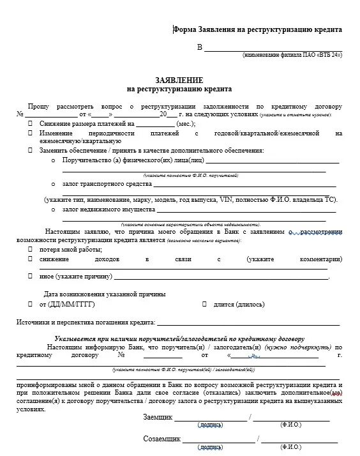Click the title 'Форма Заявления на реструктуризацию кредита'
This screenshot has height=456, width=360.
259,29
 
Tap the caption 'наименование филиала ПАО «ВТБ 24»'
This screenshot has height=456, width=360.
292,56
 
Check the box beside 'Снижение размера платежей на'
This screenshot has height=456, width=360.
30,123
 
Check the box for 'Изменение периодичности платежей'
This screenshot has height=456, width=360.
30,133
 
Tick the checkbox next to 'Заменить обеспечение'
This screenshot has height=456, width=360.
30,150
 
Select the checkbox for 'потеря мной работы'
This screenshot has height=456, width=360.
30,250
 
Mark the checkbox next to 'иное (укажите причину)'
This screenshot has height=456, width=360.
30,277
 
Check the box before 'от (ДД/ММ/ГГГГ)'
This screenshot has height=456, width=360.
30,305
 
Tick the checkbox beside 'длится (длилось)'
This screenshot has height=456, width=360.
204,305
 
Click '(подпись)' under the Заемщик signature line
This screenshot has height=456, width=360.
211,424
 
